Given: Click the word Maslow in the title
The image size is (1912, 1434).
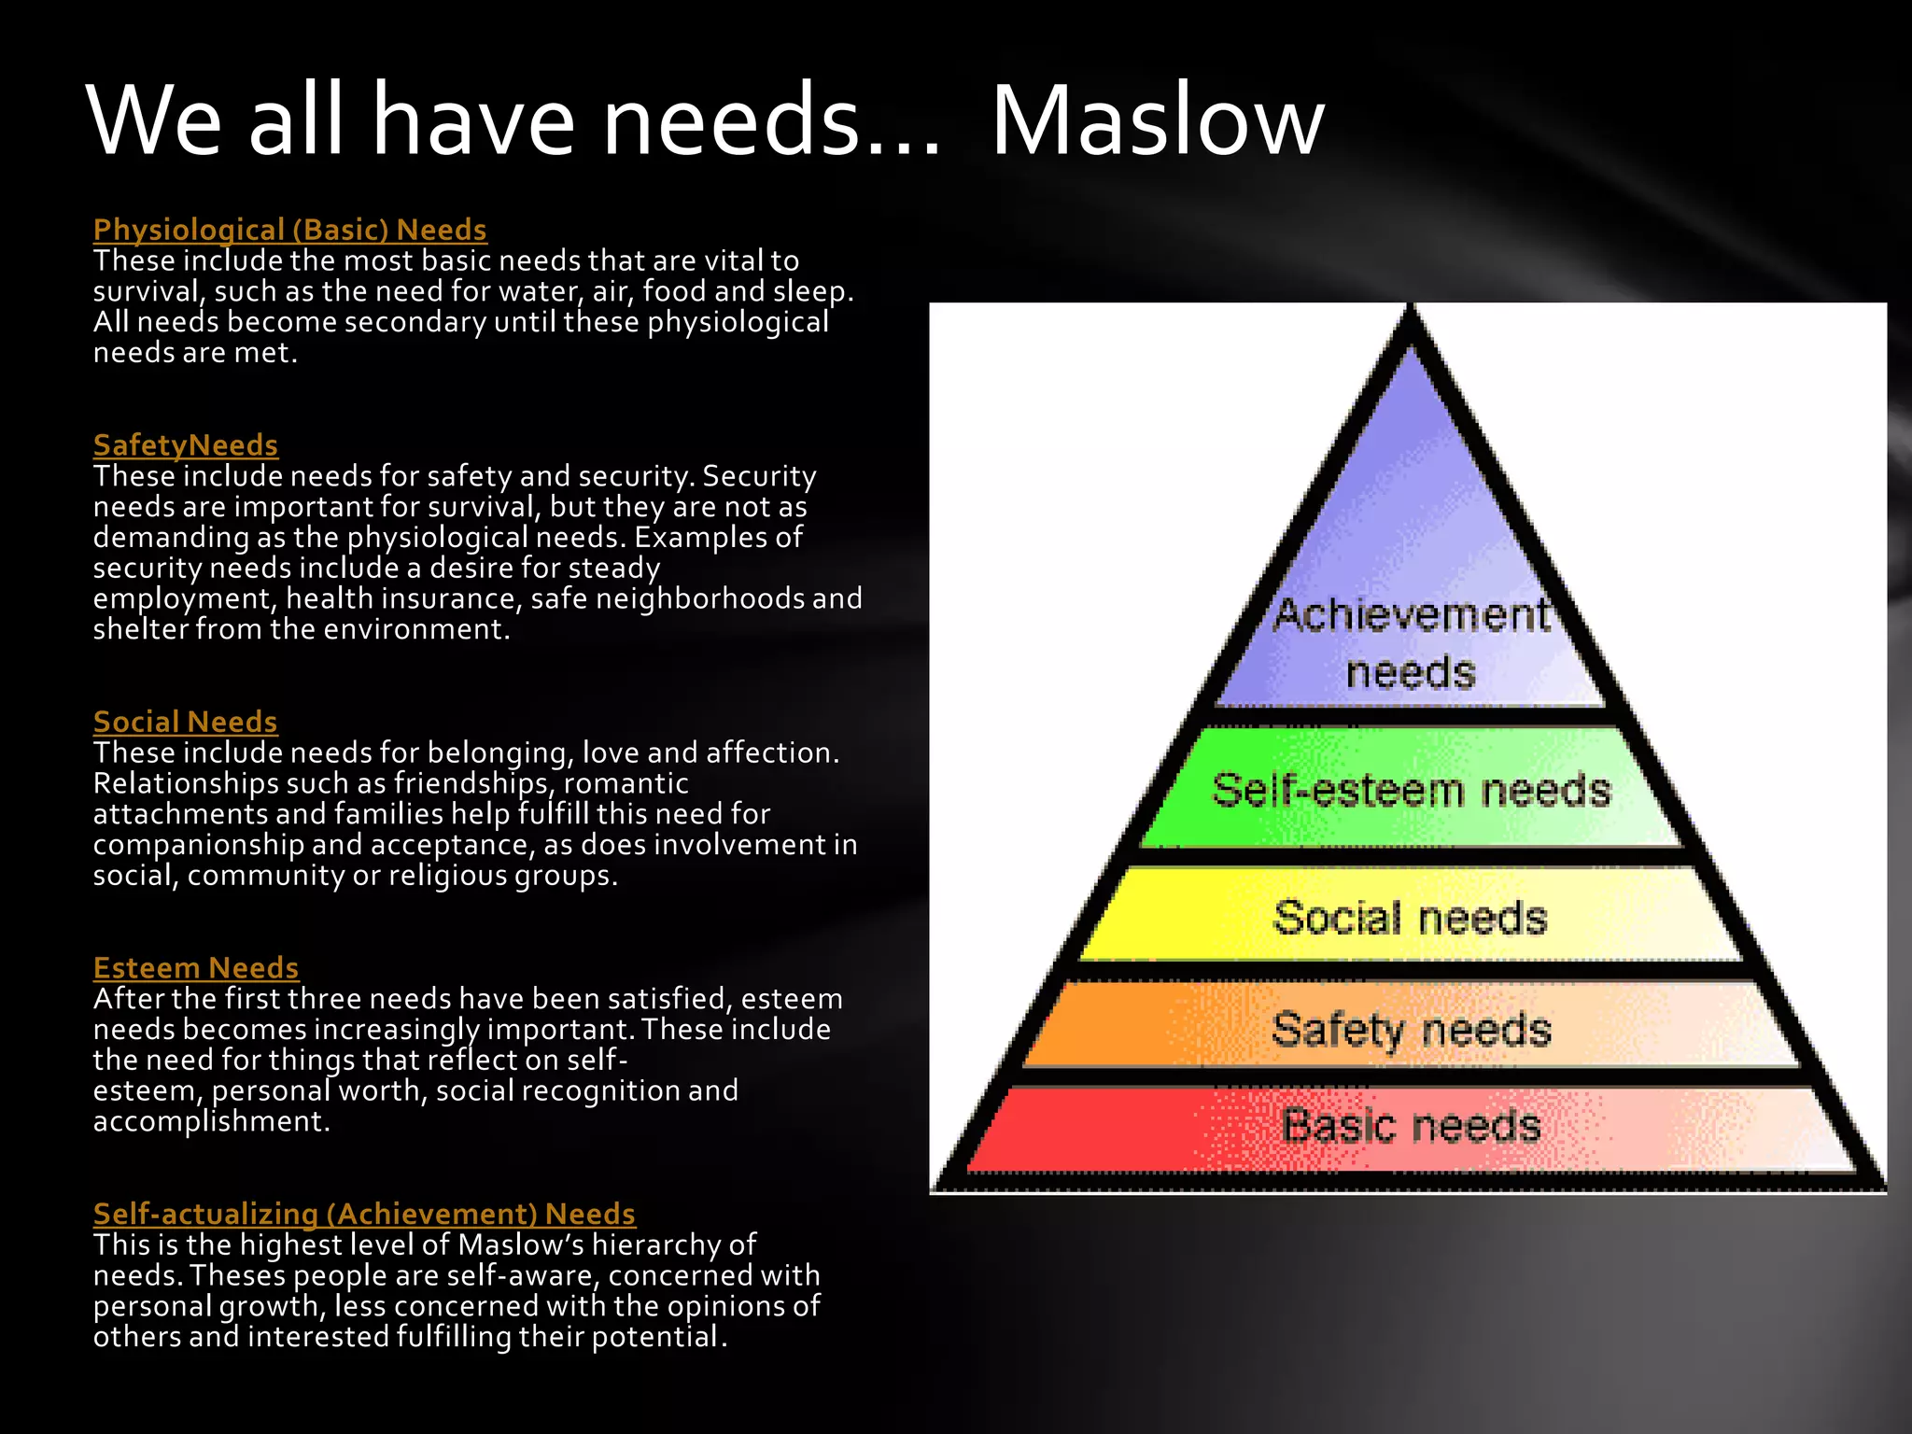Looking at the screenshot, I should tap(1157, 121).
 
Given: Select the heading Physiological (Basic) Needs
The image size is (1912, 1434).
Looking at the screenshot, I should tap(289, 230).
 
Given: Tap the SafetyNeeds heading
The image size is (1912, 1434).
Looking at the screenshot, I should tap(186, 445).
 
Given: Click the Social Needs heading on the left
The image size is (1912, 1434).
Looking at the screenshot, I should tap(185, 722).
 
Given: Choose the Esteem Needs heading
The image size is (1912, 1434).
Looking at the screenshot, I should tap(196, 968).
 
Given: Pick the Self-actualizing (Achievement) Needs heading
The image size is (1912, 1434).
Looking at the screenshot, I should tap(364, 1214).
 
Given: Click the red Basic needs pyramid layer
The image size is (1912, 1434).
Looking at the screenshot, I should tap(1410, 1126).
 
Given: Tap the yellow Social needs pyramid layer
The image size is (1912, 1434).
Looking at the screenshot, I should tap(1410, 917).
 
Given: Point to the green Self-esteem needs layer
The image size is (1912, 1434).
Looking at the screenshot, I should tap(1411, 790).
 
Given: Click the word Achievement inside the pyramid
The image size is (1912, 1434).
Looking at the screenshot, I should tap(1411, 616).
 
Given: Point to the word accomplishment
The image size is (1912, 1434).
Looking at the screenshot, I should tap(210, 1121).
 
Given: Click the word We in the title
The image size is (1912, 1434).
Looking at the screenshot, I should tap(155, 121).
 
